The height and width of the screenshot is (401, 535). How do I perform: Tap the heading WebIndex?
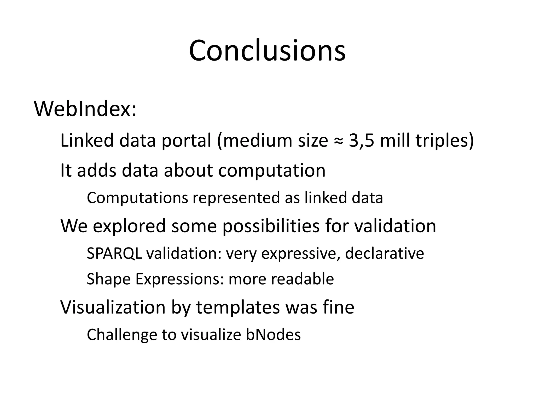point(85,109)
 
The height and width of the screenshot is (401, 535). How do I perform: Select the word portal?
point(186,141)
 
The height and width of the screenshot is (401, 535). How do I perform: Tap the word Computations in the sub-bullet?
point(137,198)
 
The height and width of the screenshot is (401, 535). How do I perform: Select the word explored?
point(129,226)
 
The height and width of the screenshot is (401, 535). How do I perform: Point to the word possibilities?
point(271,226)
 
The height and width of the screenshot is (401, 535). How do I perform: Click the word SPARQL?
point(114,253)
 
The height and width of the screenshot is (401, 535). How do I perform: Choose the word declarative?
point(384,253)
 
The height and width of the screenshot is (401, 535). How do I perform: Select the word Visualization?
point(113,307)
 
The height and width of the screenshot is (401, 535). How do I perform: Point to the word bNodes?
point(273,335)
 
